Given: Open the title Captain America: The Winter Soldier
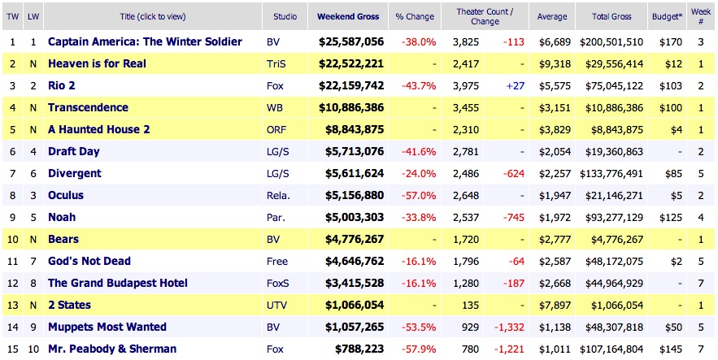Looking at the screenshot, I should [x=145, y=41].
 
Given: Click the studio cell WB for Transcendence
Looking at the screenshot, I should [x=275, y=107].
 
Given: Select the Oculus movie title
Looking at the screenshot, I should [x=66, y=195].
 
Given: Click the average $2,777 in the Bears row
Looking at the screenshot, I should [x=553, y=239].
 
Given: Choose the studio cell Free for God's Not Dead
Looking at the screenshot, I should [x=277, y=261].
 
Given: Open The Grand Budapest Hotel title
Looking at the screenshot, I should [x=118, y=283].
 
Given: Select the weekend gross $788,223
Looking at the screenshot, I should [x=360, y=349].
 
